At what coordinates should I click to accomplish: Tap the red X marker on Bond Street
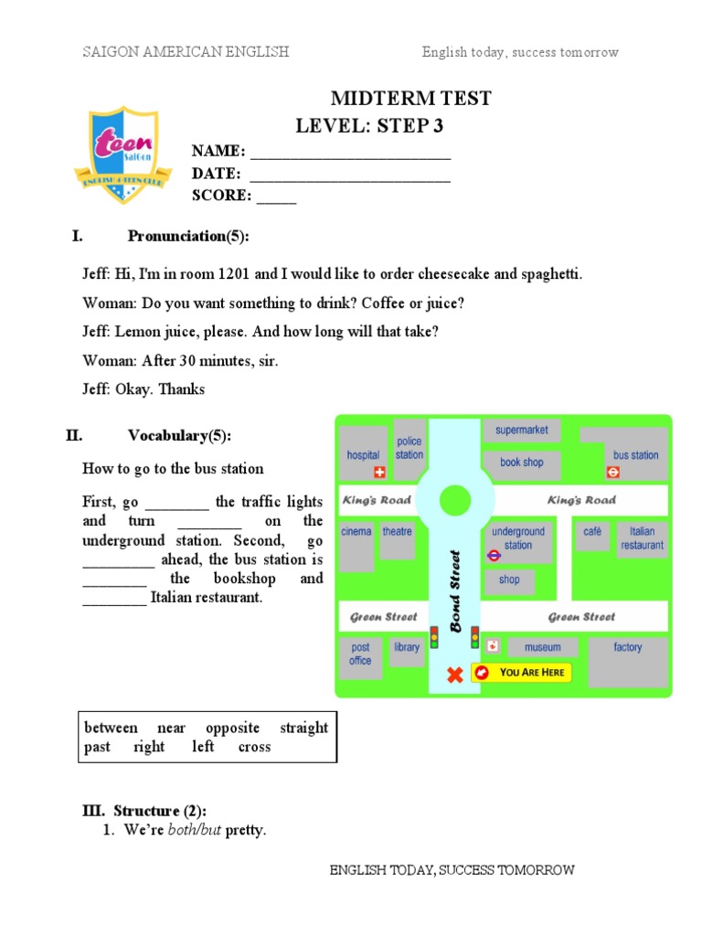pyautogui.click(x=454, y=675)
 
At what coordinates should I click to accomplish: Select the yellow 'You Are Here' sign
pyautogui.click(x=521, y=673)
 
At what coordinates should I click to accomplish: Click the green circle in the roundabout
pyautogui.click(x=454, y=500)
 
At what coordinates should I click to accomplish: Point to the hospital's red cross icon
pyautogui.click(x=381, y=473)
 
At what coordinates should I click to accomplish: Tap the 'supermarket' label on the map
pyautogui.click(x=522, y=430)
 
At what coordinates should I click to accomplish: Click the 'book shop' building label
pyautogui.click(x=521, y=463)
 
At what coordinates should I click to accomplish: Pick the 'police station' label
pyautogui.click(x=409, y=448)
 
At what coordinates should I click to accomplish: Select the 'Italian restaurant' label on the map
pyautogui.click(x=642, y=538)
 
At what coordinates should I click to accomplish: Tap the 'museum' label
pyautogui.click(x=542, y=647)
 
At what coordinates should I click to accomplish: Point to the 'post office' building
pyautogui.click(x=361, y=654)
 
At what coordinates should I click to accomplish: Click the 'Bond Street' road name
pyautogui.click(x=455, y=590)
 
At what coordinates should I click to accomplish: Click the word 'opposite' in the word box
pyautogui.click(x=232, y=728)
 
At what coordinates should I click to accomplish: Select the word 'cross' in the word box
pyautogui.click(x=254, y=747)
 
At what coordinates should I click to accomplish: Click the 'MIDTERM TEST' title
pyautogui.click(x=410, y=99)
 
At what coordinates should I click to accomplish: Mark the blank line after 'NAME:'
pyautogui.click(x=350, y=153)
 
